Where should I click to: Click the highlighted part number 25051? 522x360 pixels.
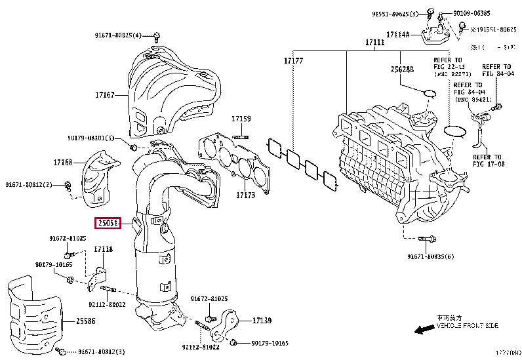tap(108, 224)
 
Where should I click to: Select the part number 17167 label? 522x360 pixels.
tap(104, 95)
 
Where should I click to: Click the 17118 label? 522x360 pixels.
tap(102, 249)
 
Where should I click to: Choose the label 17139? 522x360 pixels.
tap(261, 321)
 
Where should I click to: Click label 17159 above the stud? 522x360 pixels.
tap(241, 119)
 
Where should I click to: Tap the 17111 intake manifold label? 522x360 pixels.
tap(374, 43)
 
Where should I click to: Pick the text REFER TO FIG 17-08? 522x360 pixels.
tap(487, 161)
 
